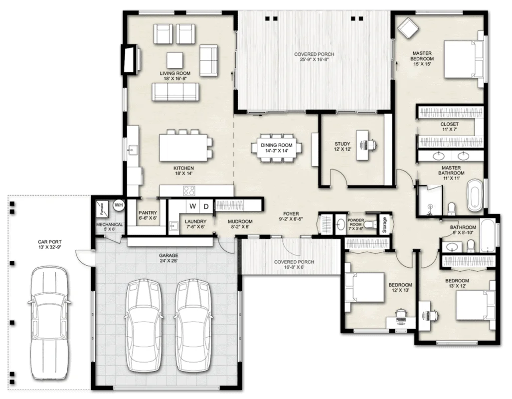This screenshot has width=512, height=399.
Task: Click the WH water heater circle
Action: coord(119,204)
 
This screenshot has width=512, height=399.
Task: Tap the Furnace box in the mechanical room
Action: coord(102,208)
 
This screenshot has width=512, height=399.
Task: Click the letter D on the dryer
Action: coord(206,206)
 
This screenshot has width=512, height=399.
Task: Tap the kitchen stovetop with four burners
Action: coord(189,191)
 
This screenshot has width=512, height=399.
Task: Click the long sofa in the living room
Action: coord(175,92)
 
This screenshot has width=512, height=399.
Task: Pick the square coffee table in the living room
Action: coord(174,60)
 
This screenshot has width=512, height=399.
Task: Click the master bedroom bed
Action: coord(463,59)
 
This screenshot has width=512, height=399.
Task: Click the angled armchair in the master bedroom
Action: coord(407,28)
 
